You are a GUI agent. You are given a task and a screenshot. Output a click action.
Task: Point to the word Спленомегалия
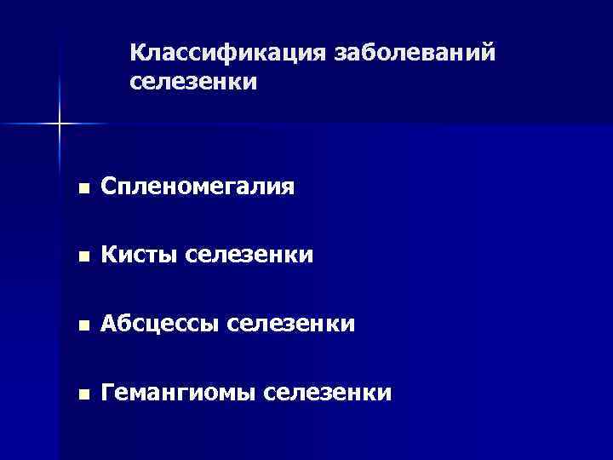pos(198,187)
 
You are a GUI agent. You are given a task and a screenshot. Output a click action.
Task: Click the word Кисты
pos(138,255)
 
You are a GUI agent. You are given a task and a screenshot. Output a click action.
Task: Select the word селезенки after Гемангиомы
pos(329,393)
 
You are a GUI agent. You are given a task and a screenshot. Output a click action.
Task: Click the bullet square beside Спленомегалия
pos(81,187)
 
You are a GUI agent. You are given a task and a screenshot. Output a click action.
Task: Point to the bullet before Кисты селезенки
pos(81,256)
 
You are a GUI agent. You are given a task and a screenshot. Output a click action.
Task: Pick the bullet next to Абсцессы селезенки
pos(81,325)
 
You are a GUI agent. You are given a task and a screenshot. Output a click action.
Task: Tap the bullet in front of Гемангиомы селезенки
pos(81,394)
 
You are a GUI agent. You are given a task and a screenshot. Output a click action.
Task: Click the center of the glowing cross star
pos(60,124)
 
